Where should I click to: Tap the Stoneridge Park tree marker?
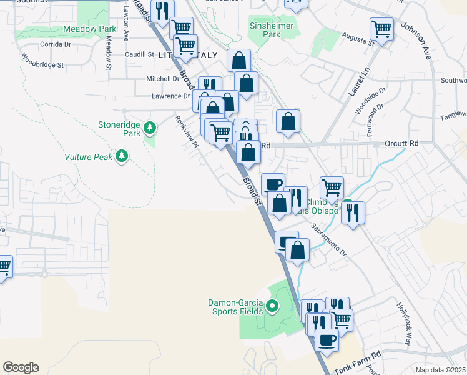click(150, 128)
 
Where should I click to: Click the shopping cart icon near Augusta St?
click(381, 28)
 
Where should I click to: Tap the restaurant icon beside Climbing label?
click(353, 212)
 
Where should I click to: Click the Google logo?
click(21, 367)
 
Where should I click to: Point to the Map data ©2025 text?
click(441, 370)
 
